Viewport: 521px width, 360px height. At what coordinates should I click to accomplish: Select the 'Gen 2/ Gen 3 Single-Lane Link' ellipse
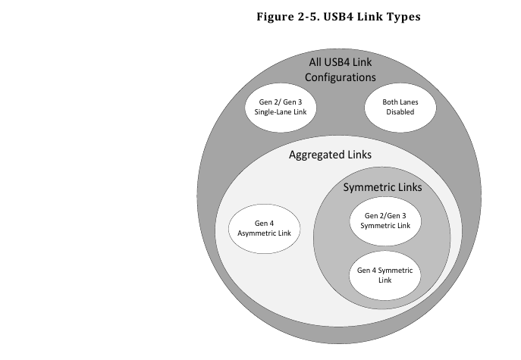(x=280, y=108)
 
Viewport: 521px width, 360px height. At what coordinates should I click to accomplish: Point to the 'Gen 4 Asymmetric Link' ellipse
(x=263, y=228)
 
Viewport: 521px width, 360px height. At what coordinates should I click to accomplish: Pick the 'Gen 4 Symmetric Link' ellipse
(x=384, y=275)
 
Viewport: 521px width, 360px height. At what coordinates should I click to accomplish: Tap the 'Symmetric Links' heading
(x=382, y=187)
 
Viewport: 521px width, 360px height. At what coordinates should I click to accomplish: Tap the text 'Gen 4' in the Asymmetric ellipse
(x=263, y=223)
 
